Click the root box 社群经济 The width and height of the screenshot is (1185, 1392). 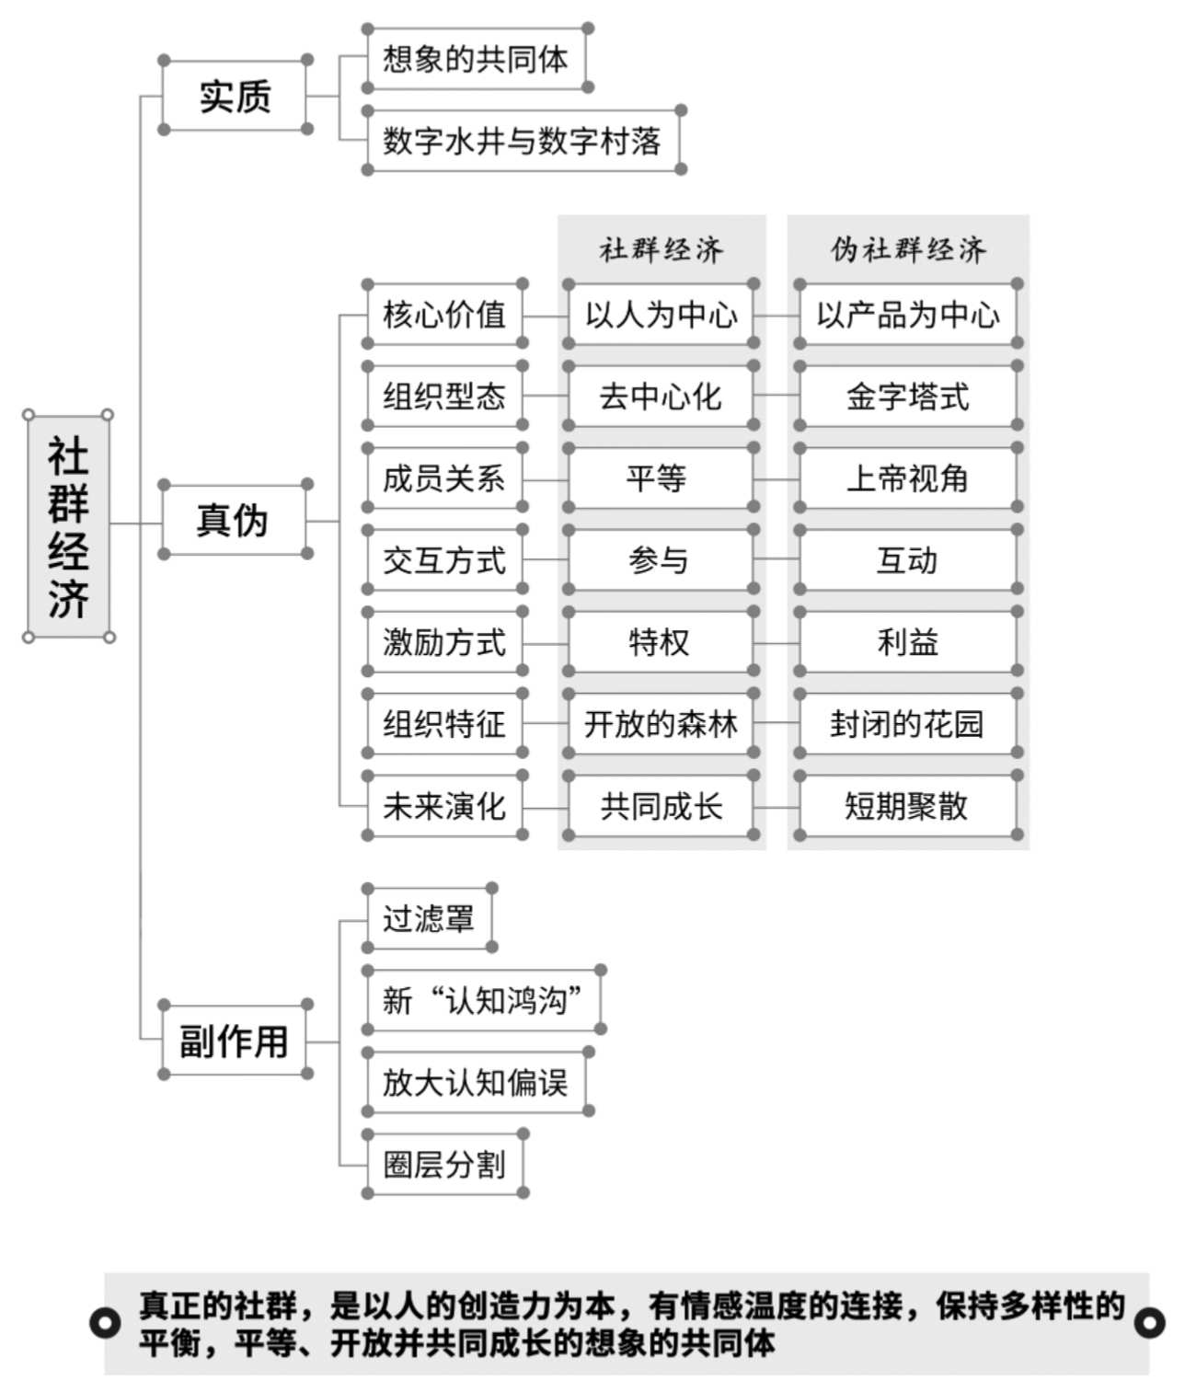(69, 526)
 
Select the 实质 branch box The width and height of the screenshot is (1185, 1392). (235, 95)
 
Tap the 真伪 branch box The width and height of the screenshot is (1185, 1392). (235, 519)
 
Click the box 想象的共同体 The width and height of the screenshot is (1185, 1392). (477, 58)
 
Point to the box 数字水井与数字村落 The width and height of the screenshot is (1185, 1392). (523, 140)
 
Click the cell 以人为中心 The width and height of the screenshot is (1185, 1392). (662, 314)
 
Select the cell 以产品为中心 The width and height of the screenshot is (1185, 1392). (908, 314)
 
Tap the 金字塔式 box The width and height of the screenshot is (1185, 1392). (908, 396)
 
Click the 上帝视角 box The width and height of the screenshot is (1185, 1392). (908, 478)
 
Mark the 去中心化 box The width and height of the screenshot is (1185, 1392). (662, 396)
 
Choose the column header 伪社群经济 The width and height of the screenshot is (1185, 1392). (908, 250)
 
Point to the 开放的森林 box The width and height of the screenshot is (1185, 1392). (662, 723)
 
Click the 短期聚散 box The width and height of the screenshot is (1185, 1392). (908, 805)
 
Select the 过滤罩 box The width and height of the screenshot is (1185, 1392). (430, 918)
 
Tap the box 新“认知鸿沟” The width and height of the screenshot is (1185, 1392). (484, 1000)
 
